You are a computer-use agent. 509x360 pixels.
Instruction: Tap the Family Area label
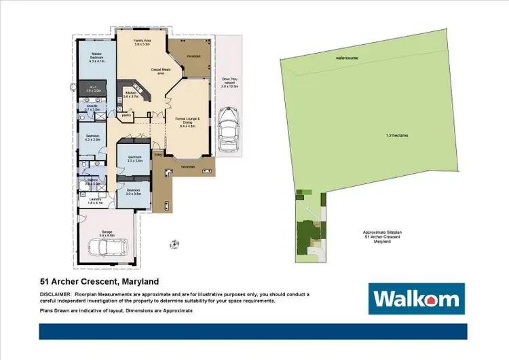click(141, 43)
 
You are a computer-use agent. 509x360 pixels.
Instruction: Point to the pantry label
click(126, 115)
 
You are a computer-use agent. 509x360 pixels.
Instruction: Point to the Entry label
click(157, 155)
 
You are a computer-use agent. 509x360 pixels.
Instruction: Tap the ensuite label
click(92, 106)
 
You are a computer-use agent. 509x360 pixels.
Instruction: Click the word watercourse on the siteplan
click(346, 58)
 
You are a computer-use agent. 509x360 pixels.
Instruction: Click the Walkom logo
click(416, 299)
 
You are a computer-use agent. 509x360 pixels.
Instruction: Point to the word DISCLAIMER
click(56, 293)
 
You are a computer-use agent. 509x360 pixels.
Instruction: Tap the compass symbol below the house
click(175, 243)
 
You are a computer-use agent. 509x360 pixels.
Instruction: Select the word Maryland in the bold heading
click(139, 281)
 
